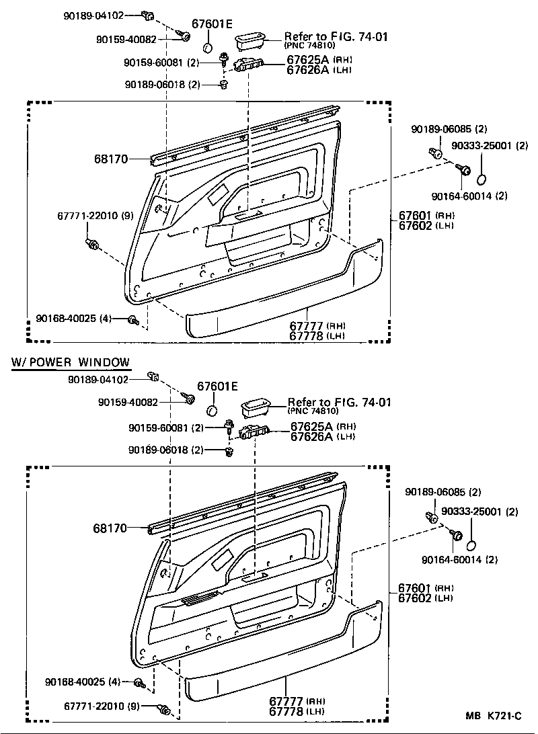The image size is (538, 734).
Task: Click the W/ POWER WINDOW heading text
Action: [71, 362]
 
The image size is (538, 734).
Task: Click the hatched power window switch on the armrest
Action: [201, 599]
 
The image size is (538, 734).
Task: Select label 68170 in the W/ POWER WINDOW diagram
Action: [110, 528]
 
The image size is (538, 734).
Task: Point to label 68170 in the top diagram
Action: [111, 159]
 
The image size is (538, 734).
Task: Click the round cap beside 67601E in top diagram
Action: [208, 48]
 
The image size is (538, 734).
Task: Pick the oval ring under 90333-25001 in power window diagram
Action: [473, 545]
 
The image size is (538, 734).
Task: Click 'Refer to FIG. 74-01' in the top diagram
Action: [336, 36]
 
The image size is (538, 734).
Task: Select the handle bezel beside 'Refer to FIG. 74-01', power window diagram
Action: [256, 407]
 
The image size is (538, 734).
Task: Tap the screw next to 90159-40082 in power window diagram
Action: [190, 400]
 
